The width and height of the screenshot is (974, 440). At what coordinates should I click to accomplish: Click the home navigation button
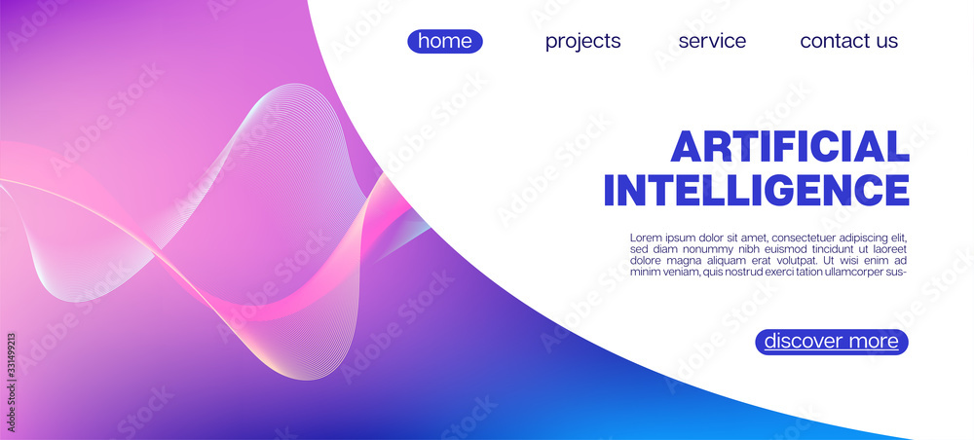445,41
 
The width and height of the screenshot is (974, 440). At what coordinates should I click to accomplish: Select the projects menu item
582,42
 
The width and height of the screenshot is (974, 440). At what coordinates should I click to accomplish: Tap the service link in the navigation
712,41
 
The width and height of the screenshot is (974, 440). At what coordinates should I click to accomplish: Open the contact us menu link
848,41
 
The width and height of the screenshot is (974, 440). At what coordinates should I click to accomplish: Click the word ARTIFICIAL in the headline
790,147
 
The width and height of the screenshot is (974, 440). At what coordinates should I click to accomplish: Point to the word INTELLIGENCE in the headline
757,190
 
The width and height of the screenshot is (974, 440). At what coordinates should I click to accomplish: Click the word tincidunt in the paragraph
818,249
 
